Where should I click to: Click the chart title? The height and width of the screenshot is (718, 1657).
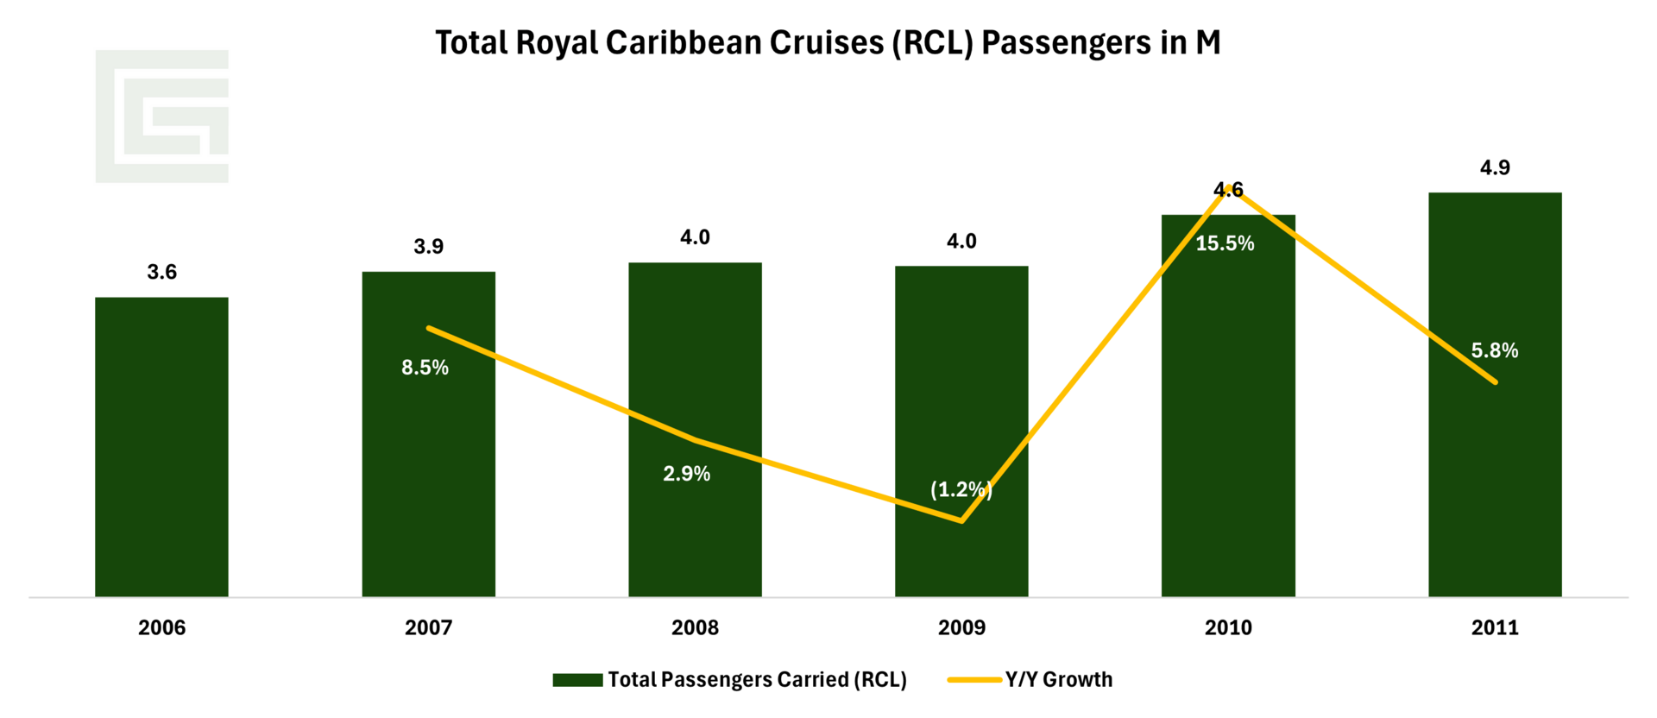(828, 43)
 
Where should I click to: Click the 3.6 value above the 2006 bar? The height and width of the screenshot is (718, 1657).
(161, 272)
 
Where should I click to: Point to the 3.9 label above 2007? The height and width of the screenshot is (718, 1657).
(428, 247)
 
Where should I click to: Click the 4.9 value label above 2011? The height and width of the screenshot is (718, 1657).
(1495, 167)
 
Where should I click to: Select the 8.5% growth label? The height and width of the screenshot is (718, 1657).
(425, 368)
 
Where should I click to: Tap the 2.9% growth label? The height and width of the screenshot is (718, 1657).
(687, 474)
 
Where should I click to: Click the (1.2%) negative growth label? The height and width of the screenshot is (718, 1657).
(961, 490)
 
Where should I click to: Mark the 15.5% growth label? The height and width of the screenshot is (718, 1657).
(1225, 243)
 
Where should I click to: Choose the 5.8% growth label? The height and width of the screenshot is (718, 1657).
(1495, 350)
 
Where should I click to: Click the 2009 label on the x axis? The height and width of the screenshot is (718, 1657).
(961, 627)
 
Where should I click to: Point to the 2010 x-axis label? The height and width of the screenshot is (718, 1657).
(1228, 627)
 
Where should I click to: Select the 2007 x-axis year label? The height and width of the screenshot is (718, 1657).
(428, 627)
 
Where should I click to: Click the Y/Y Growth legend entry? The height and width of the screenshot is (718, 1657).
(1058, 680)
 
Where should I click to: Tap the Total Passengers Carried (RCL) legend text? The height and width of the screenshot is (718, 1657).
(757, 680)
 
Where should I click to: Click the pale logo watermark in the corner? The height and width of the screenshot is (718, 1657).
(162, 117)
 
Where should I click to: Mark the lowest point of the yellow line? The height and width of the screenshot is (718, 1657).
(961, 520)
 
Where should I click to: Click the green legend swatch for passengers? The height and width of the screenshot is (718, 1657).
(577, 680)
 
